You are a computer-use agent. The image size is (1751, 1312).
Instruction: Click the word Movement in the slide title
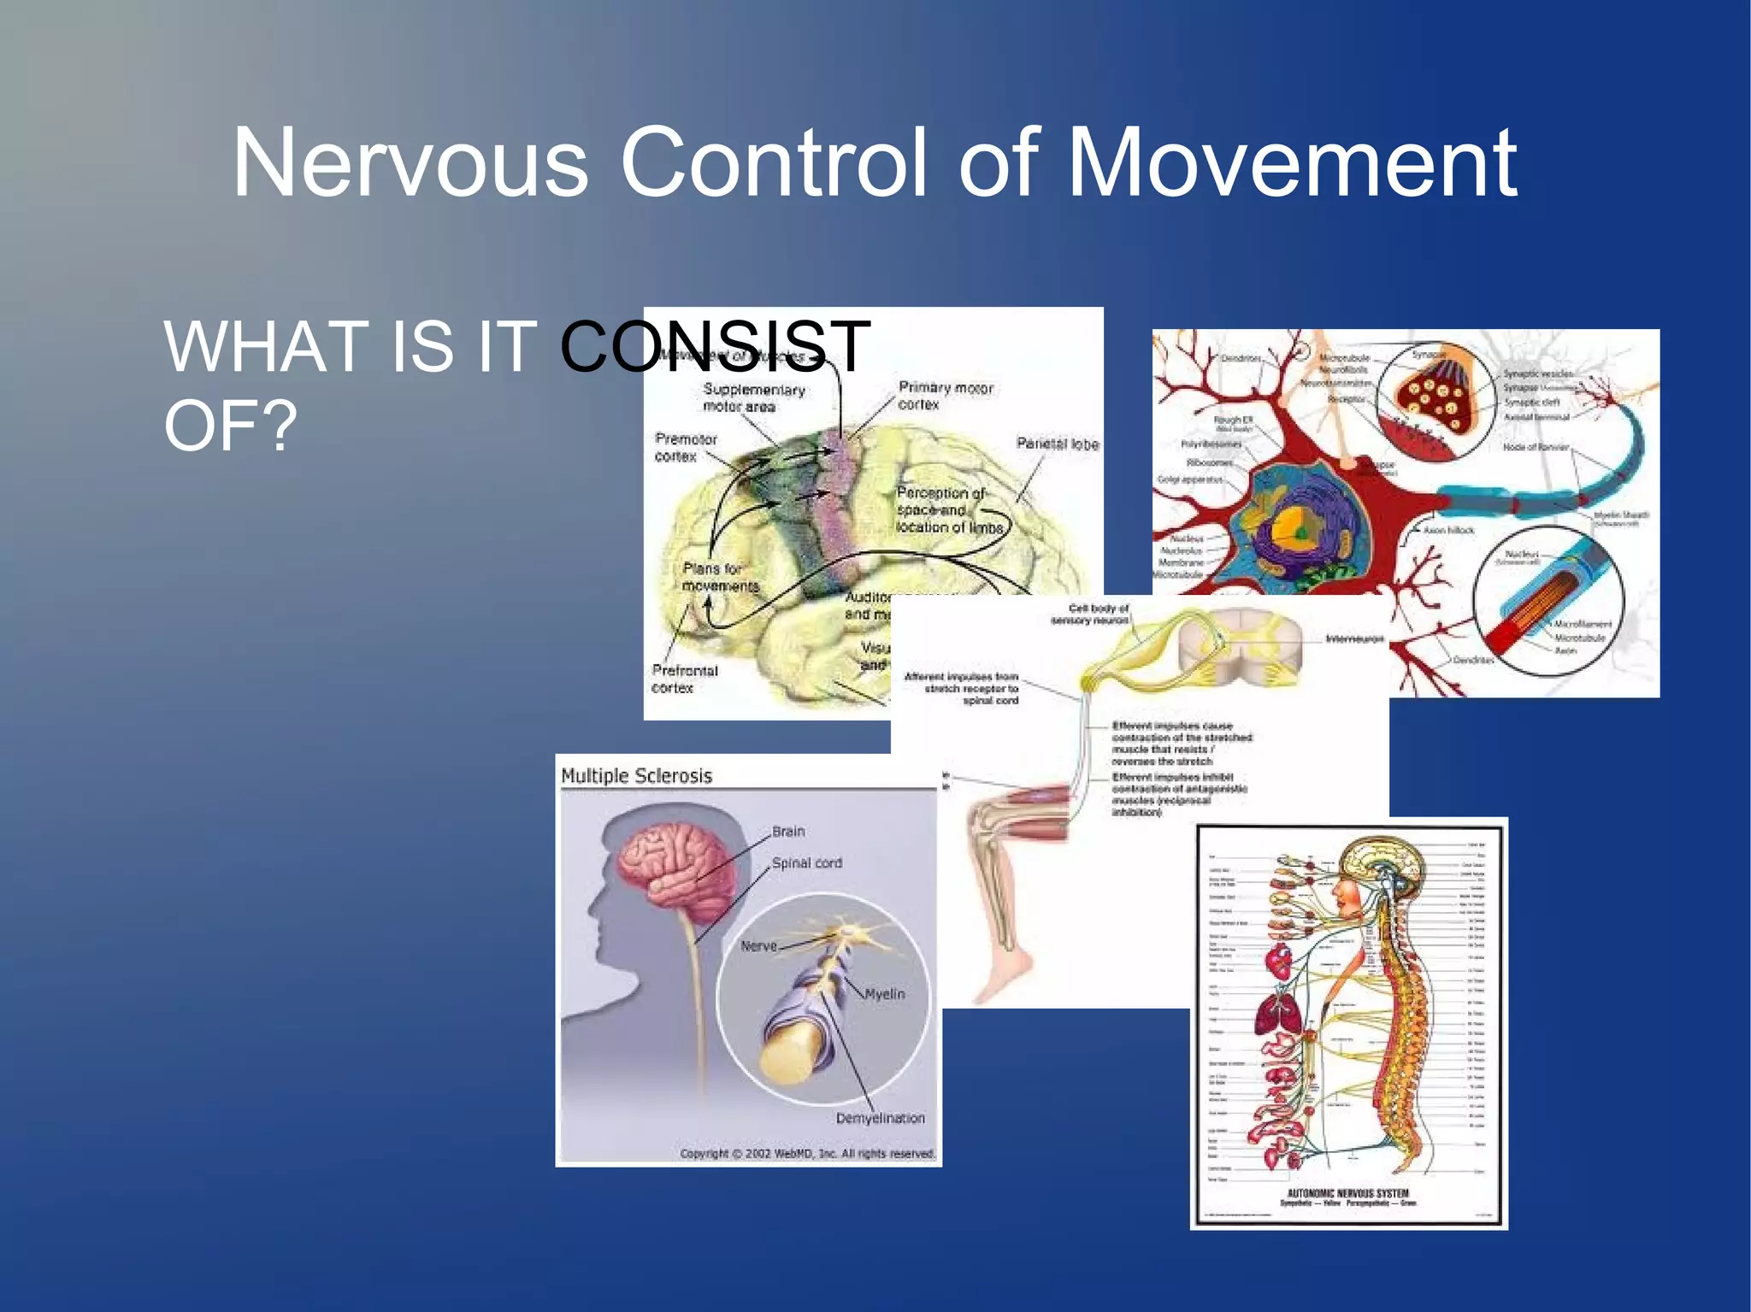[1292, 162]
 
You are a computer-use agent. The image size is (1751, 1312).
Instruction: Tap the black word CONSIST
[715, 346]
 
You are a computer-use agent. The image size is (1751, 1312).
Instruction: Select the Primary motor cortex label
[945, 396]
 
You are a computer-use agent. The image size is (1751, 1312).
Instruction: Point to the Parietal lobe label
[1057, 444]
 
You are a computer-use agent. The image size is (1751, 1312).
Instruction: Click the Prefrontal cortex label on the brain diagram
[684, 679]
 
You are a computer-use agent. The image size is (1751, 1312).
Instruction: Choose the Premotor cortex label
[686, 447]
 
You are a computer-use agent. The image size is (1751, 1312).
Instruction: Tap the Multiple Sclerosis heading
[636, 776]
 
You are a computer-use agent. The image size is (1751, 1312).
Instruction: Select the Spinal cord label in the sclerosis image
[806, 863]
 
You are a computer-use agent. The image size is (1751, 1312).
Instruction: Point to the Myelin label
[884, 994]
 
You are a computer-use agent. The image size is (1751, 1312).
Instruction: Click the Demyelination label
[880, 1118]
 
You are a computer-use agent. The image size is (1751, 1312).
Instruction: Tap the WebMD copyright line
[807, 1153]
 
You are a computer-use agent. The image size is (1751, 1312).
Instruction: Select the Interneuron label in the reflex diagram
[1354, 638]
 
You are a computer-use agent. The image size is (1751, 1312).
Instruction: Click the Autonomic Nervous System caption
[1347, 1193]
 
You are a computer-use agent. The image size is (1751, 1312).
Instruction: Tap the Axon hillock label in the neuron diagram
[1448, 530]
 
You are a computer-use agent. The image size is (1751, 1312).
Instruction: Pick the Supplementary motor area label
[753, 397]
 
